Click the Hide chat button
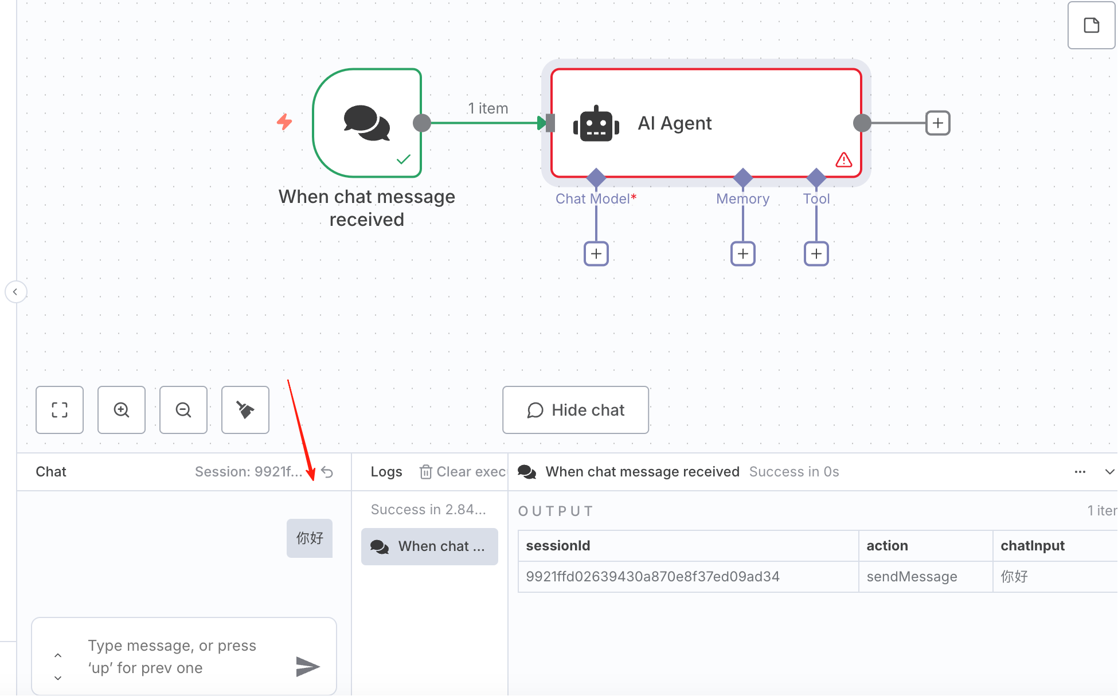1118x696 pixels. click(x=576, y=410)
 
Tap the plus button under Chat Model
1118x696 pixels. click(x=596, y=253)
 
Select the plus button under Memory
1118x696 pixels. click(x=743, y=253)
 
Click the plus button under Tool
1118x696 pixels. click(x=816, y=253)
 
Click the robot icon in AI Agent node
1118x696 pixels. click(x=596, y=123)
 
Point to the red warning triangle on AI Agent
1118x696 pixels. click(x=844, y=159)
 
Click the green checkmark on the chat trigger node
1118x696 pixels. click(x=404, y=159)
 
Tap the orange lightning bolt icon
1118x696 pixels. click(x=284, y=122)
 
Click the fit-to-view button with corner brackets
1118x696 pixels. click(x=60, y=410)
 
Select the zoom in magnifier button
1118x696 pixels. click(x=122, y=410)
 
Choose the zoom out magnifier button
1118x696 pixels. click(x=183, y=410)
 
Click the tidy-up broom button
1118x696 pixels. click(x=245, y=410)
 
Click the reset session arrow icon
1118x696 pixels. click(x=327, y=472)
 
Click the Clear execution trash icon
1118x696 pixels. click(x=425, y=472)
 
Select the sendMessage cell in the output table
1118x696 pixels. click(x=912, y=576)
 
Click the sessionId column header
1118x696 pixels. click(x=558, y=546)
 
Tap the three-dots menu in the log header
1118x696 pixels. click(x=1080, y=472)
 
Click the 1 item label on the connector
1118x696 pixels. click(x=488, y=108)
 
